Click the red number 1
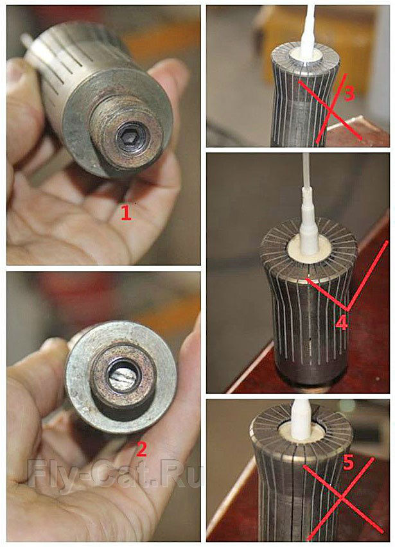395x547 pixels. tap(126, 212)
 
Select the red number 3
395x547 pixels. tap(349, 93)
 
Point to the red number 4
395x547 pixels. tap(341, 323)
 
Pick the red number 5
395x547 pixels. tap(349, 463)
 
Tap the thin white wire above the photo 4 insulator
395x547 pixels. tap(306, 170)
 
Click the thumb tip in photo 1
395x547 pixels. tap(15, 74)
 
